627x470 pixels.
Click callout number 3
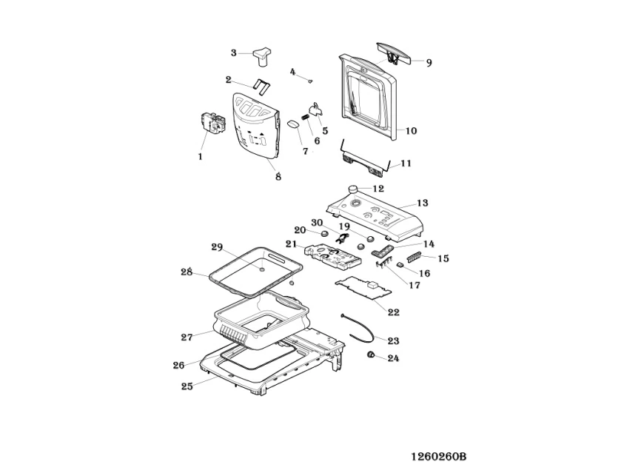click(x=233, y=53)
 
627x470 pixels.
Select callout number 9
click(x=429, y=63)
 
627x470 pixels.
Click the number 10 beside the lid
click(x=411, y=131)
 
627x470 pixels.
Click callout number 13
click(x=423, y=203)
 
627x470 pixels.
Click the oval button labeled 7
click(x=293, y=123)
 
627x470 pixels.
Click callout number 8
click(x=278, y=177)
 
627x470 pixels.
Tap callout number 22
click(x=393, y=312)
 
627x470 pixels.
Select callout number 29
click(x=217, y=246)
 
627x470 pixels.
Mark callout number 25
click(x=187, y=386)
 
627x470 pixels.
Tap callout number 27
click(x=187, y=337)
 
